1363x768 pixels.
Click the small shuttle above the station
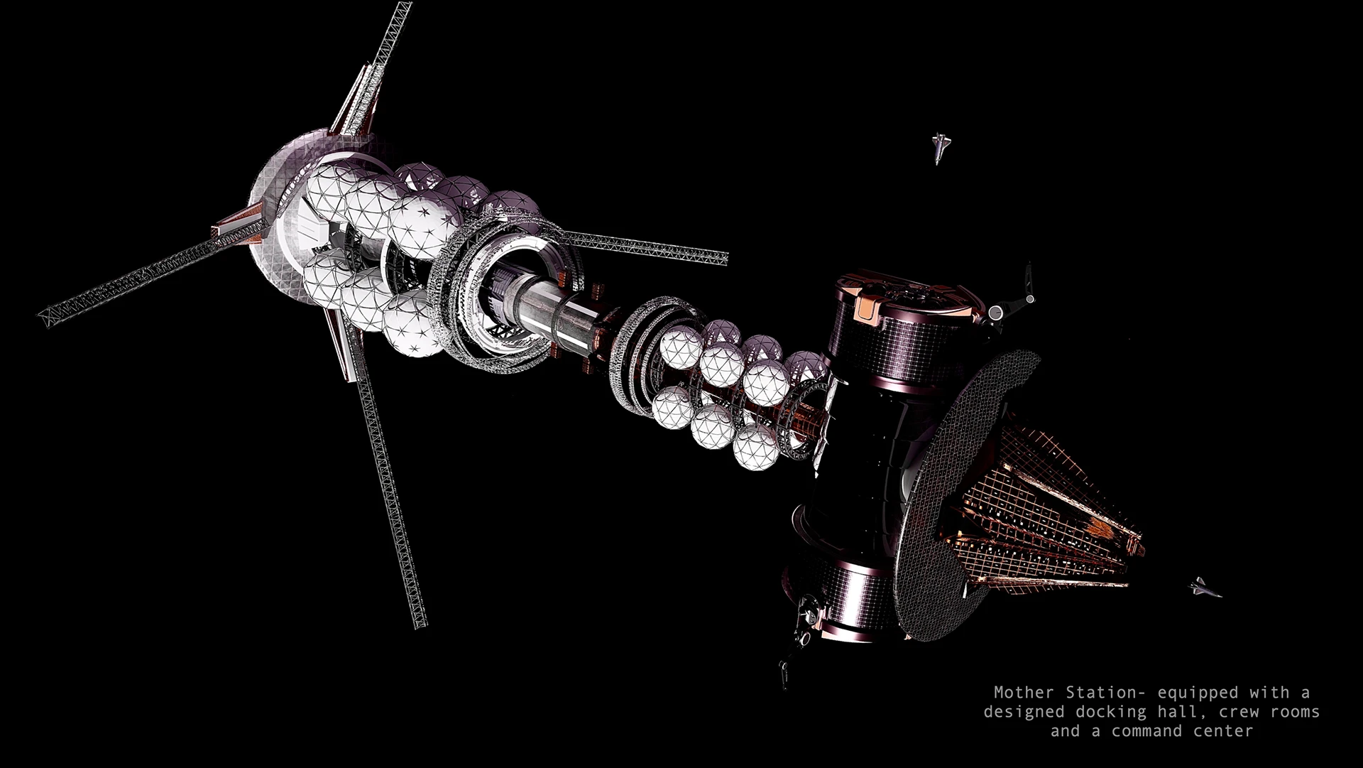[x=939, y=147]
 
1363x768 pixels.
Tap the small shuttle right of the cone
[x=1206, y=587]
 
